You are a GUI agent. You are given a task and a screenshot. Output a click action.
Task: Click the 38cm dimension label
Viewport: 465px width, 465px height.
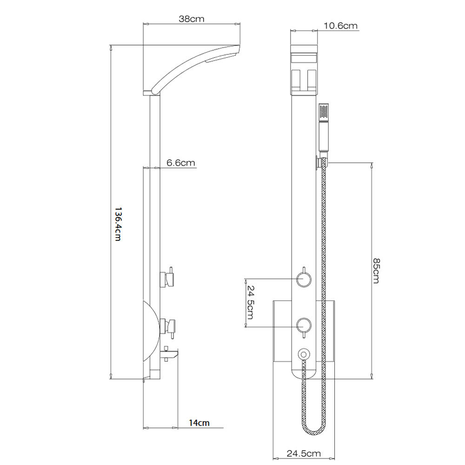[191, 19]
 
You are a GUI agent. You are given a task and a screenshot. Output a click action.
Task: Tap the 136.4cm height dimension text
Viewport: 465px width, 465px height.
[118, 224]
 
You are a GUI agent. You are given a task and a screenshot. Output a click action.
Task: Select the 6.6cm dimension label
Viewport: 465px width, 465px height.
[180, 162]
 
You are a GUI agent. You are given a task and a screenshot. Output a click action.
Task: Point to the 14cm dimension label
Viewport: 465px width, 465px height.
[199, 423]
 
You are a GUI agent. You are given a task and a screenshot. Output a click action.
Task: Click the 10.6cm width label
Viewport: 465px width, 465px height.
[340, 26]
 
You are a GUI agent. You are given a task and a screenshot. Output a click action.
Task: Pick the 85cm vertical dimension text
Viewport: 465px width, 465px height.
[376, 271]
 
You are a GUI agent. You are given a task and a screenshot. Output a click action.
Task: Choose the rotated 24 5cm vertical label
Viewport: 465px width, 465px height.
[250, 303]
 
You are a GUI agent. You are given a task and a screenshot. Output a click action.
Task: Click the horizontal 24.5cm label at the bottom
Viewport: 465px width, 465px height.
[304, 453]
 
